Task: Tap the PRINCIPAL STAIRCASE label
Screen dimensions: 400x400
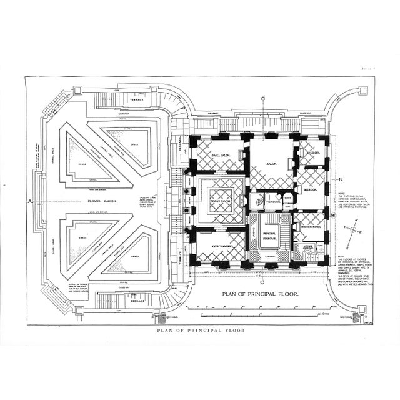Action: coord(271,236)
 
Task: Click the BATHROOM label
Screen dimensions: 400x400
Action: coord(273,202)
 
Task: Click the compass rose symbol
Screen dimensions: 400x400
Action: coord(355,230)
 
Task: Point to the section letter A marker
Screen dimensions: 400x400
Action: coord(29,201)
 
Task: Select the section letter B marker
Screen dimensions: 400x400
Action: coord(341,179)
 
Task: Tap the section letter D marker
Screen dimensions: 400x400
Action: coord(263,97)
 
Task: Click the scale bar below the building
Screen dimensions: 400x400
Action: coord(262,307)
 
